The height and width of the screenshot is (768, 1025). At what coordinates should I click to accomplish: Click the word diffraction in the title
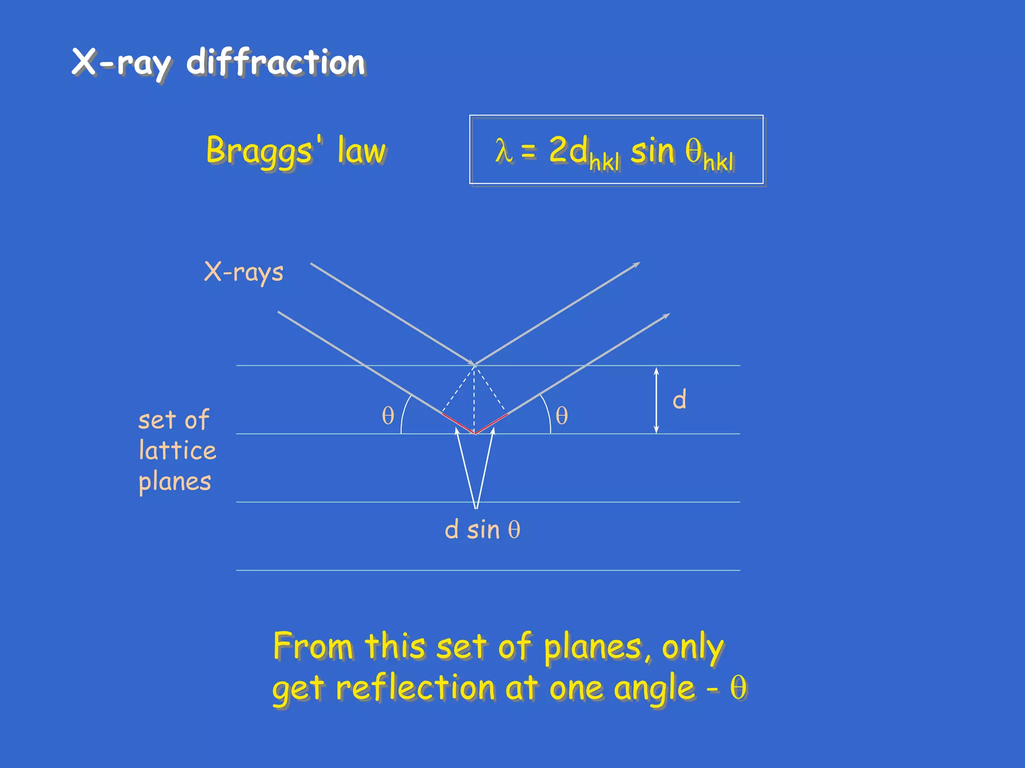(276, 63)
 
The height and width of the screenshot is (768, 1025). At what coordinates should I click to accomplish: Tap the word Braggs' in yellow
(260, 150)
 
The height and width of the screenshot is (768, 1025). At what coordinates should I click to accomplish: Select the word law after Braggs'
(361, 150)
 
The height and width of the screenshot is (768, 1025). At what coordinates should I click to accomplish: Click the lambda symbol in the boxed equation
(503, 150)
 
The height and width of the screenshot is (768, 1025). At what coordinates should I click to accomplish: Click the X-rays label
(244, 272)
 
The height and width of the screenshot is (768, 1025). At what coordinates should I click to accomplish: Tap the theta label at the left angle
(388, 415)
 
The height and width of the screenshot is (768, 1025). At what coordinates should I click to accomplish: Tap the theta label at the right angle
(562, 415)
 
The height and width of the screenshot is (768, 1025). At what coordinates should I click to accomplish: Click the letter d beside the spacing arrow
(679, 399)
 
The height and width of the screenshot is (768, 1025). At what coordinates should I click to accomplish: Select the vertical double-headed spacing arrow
(657, 400)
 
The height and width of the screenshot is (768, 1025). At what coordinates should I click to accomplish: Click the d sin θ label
(482, 529)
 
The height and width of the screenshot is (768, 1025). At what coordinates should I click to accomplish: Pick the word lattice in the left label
(178, 450)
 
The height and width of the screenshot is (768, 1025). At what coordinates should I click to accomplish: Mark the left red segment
(458, 423)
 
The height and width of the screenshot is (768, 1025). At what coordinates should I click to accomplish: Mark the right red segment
(491, 423)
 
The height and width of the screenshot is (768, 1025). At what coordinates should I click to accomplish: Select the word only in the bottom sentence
(693, 647)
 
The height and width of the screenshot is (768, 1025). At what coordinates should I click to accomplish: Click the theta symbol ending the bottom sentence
(738, 688)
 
